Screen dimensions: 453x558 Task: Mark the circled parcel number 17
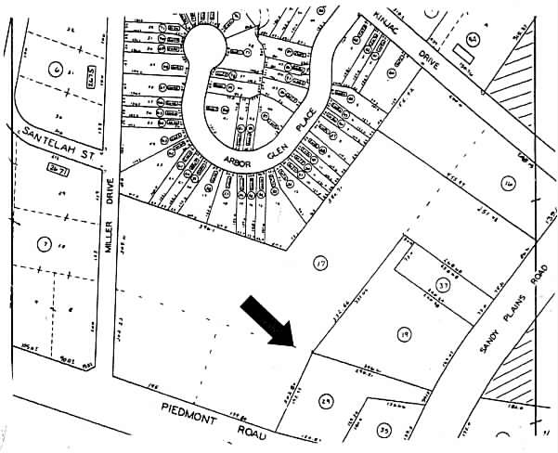[x=321, y=263]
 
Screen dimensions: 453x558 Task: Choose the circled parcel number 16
[x=507, y=184]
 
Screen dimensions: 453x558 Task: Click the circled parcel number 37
[x=444, y=286]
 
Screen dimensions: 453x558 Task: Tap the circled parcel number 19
[x=404, y=332]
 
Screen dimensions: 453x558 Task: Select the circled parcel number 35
[x=384, y=431]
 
